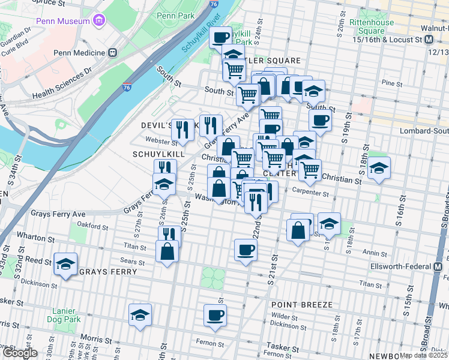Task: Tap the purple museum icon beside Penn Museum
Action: pyautogui.click(x=100, y=20)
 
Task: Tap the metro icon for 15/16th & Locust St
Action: pyautogui.click(x=429, y=40)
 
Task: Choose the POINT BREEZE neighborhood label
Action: pyautogui.click(x=301, y=305)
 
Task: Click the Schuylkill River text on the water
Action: pyautogui.click(x=201, y=38)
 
